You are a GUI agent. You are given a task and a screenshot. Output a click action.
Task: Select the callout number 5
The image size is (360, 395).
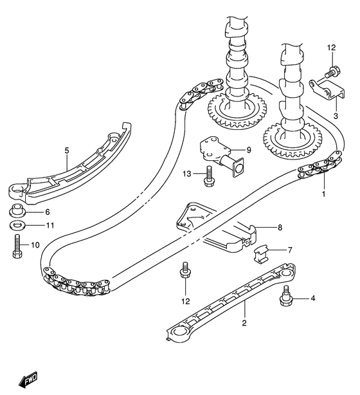(x=66, y=151)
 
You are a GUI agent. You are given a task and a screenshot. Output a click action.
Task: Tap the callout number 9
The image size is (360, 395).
(x=249, y=150)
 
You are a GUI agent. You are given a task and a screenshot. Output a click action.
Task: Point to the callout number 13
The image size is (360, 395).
(x=187, y=174)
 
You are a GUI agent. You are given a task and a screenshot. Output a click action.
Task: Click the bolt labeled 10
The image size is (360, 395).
(x=17, y=246)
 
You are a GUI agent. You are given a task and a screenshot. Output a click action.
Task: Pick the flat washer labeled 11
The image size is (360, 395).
(x=17, y=225)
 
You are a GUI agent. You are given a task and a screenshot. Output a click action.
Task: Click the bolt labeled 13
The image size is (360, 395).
(x=209, y=176)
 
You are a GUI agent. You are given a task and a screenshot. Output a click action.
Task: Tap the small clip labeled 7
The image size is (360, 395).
(x=260, y=253)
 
